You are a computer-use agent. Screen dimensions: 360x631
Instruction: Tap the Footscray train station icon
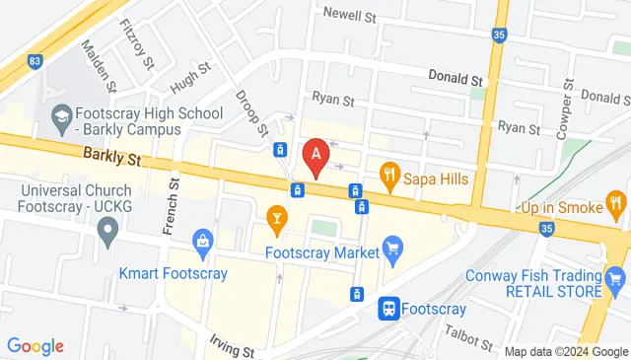coord(387,309)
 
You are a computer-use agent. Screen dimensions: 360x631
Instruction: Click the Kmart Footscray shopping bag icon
coord(203,240)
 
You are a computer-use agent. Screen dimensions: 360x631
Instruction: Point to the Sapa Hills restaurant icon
coord(389,178)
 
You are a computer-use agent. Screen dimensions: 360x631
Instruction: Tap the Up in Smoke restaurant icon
coord(616,207)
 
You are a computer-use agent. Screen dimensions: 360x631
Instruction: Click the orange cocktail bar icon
coord(277,217)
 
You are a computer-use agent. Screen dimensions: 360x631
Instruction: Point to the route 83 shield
coord(35,61)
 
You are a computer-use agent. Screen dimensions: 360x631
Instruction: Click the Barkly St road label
coord(113,155)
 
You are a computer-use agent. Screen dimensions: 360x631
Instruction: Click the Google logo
coord(35,346)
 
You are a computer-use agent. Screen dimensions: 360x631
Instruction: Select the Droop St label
coord(251,112)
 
